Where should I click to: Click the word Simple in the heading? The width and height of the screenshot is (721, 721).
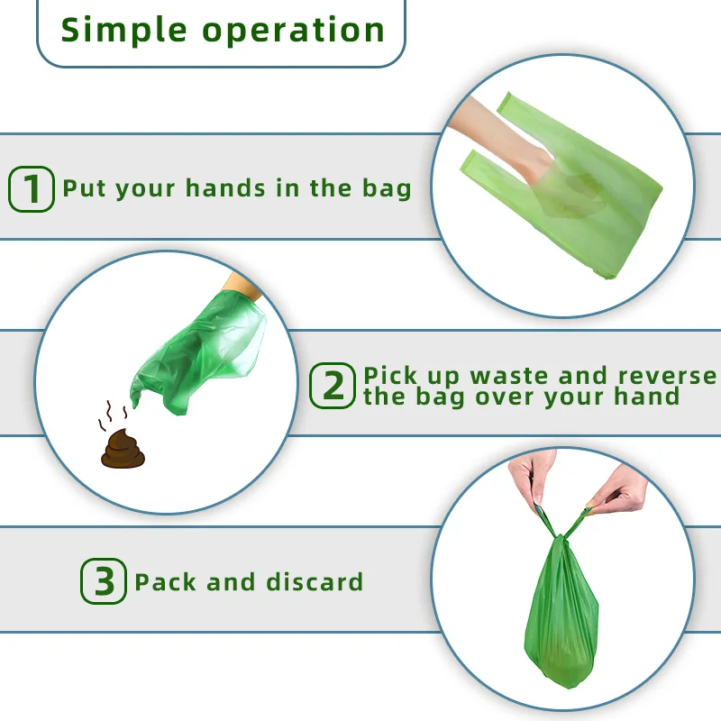coord(123,31)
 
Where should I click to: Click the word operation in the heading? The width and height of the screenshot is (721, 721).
coord(293,32)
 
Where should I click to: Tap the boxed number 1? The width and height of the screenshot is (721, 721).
coord(32,189)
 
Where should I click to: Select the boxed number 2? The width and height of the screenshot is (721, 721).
coord(333,386)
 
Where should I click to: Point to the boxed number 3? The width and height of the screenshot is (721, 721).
coord(104,580)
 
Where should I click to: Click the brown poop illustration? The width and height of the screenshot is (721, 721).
coord(123,449)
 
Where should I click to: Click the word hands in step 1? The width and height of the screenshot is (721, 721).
coord(225,188)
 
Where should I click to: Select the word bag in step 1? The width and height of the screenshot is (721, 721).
coord(387,189)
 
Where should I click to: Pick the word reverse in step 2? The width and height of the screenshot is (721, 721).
coord(667,375)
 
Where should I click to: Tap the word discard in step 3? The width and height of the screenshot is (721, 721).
coord(315,581)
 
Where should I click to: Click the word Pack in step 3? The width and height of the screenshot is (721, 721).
coord(166,581)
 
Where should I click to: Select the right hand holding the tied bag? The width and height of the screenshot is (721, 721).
coord(619,488)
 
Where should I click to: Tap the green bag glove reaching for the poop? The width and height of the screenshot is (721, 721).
coord(197,354)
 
